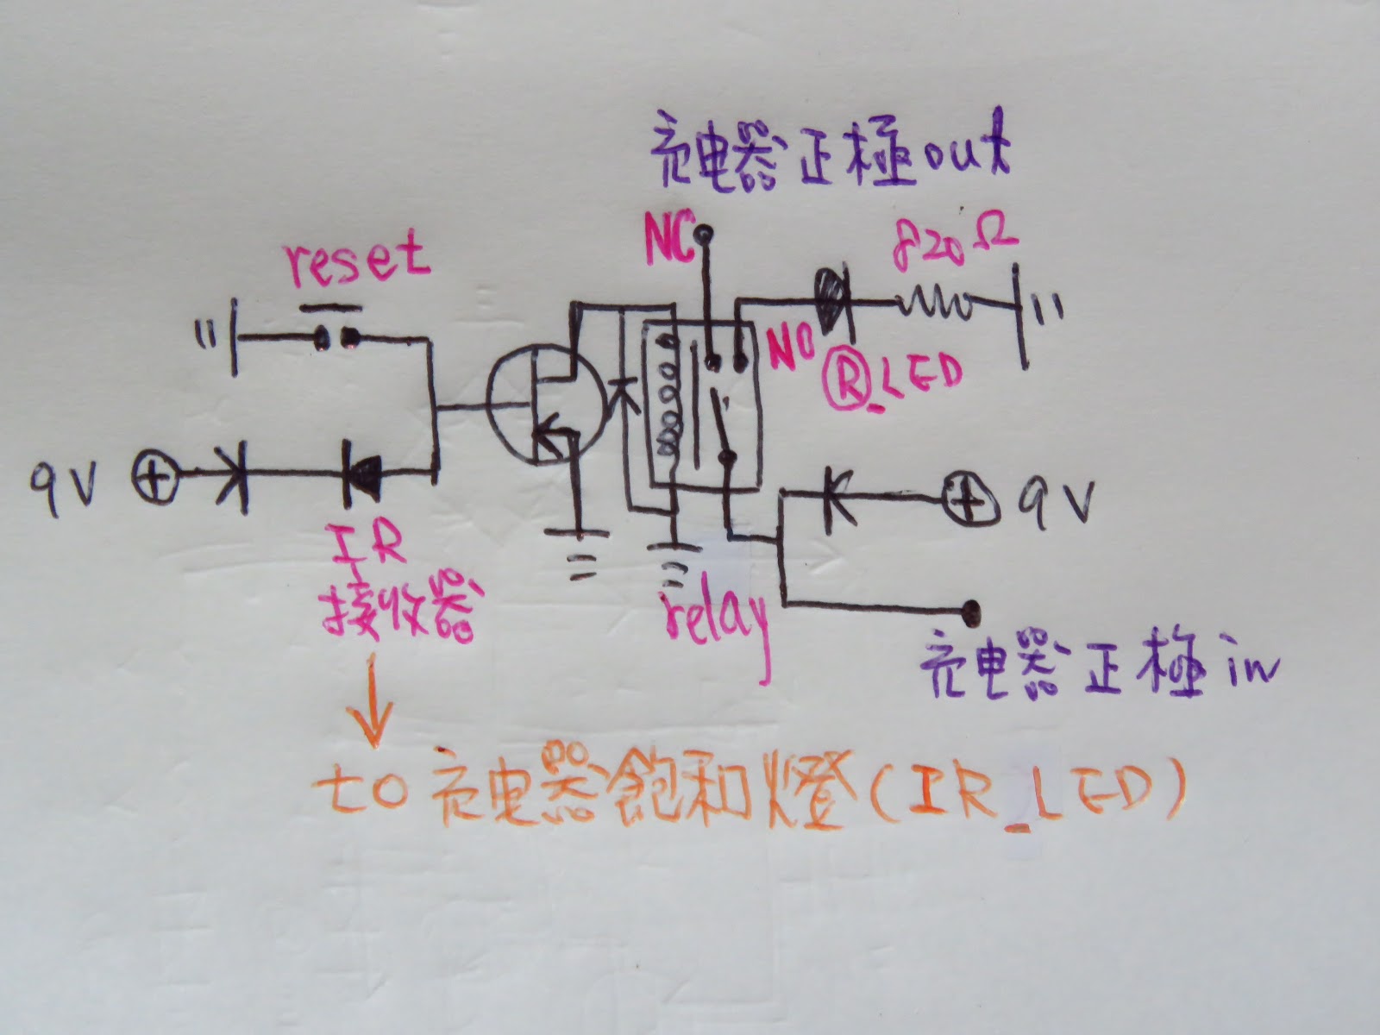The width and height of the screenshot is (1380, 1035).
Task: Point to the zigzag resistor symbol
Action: [x=936, y=304]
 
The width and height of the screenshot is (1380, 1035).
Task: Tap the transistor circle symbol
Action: [x=545, y=402]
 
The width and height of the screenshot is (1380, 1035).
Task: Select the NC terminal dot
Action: [x=706, y=231]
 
